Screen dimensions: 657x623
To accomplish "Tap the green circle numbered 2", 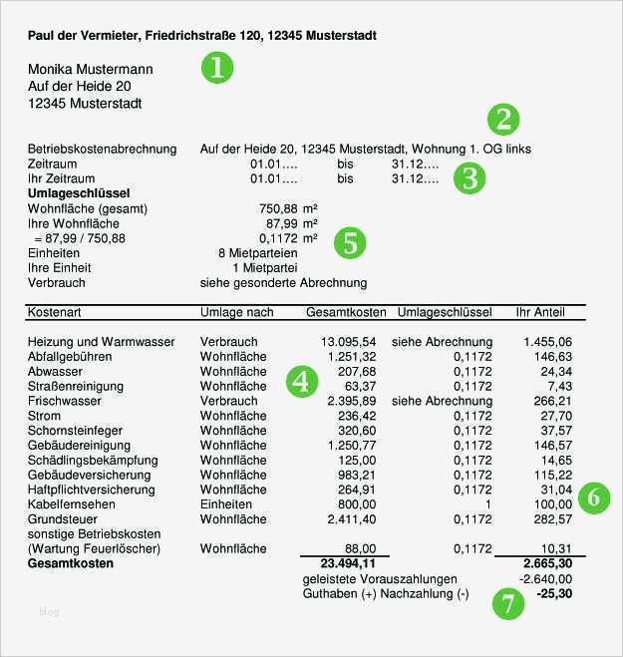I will pos(503,120).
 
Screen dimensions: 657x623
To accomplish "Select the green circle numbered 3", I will pos(468,177).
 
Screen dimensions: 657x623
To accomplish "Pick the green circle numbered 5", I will pos(349,241).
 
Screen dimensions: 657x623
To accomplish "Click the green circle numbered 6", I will pos(594,497).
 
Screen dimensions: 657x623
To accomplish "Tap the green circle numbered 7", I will pos(507,604).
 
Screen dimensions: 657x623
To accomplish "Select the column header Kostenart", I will pos(55,312).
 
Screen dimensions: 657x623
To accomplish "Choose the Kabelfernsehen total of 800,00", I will pos(356,504).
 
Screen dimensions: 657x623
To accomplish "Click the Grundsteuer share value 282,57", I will pos(551,519).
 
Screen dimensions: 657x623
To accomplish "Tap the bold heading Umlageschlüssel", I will pos(79,193).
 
